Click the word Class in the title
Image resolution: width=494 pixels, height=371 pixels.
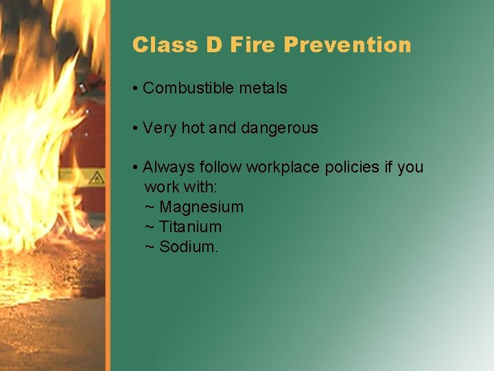tap(157, 45)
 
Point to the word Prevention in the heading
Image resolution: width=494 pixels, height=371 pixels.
tap(347, 45)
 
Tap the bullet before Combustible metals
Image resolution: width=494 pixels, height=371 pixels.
tap(137, 89)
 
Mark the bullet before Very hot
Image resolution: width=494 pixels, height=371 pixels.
tap(137, 128)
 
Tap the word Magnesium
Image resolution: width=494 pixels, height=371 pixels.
tap(201, 207)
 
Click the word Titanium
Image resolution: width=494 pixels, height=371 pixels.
tap(190, 227)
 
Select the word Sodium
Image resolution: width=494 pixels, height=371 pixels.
tap(189, 247)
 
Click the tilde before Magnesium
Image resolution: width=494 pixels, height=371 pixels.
tap(150, 207)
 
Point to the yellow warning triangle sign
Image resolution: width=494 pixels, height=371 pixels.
tap(95, 177)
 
